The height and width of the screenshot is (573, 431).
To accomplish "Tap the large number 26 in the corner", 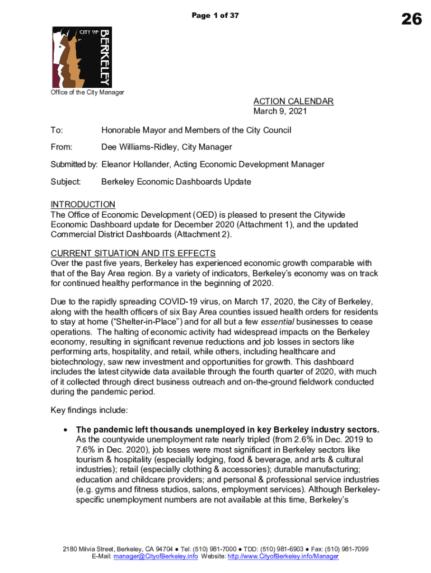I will pyautogui.click(x=411, y=20).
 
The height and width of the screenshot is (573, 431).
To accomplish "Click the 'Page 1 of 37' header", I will pyautogui.click(x=215, y=16).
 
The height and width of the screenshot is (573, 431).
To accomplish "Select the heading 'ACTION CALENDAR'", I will pyautogui.click(x=293, y=101).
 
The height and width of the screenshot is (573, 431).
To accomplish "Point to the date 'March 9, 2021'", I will pyautogui.click(x=280, y=111).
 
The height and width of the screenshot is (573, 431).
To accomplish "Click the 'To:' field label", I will pyautogui.click(x=57, y=130).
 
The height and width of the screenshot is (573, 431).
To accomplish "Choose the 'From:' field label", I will pyautogui.click(x=62, y=147).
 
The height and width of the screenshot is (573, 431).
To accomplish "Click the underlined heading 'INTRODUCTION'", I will pyautogui.click(x=83, y=204).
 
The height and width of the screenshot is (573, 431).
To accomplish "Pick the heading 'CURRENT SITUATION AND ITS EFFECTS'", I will pyautogui.click(x=133, y=253).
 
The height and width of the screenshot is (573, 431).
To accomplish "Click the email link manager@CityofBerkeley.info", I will pyautogui.click(x=156, y=557).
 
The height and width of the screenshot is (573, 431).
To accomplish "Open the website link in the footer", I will pyautogui.click(x=283, y=557).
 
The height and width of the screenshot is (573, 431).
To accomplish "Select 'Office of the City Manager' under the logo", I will pyautogui.click(x=87, y=92).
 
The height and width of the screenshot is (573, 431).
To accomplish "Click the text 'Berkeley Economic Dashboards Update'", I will pyautogui.click(x=176, y=182).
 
